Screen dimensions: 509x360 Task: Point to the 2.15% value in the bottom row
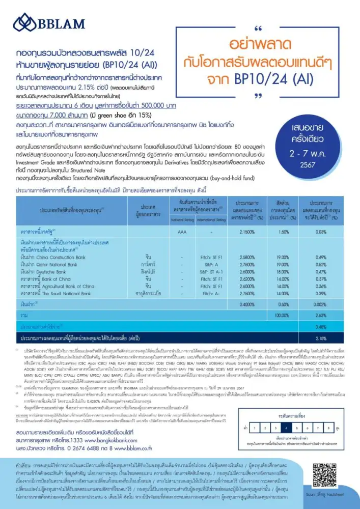tap(321, 337)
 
